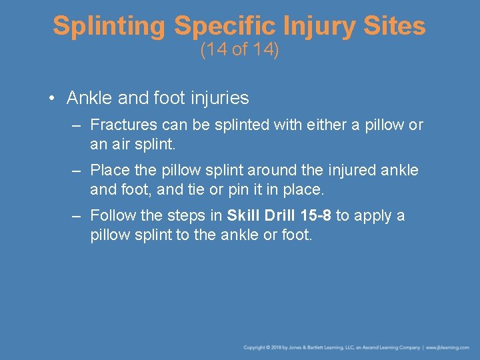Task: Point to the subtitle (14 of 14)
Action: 239,50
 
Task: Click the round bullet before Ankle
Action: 51,99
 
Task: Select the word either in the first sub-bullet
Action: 324,125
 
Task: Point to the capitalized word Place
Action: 110,170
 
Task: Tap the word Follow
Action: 113,215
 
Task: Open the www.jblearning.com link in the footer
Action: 447,347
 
